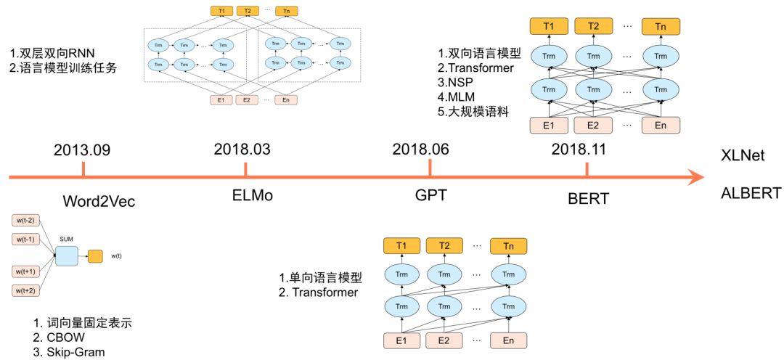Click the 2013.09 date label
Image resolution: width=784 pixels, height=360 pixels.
click(x=83, y=150)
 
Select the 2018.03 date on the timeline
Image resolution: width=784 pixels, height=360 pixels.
click(x=242, y=150)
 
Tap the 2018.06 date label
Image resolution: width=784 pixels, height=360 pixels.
click(x=420, y=150)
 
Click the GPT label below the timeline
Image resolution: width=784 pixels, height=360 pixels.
click(x=430, y=197)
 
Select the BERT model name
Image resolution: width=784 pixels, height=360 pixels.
click(x=589, y=197)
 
